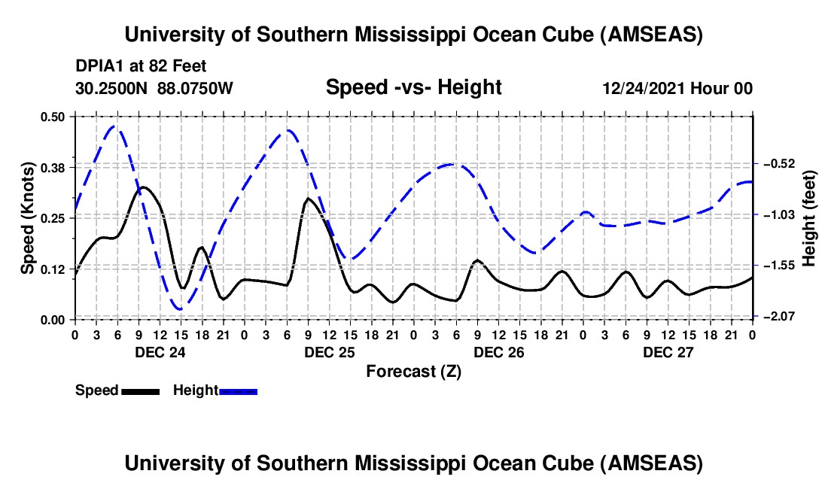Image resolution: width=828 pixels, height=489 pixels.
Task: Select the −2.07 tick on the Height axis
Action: coord(776,317)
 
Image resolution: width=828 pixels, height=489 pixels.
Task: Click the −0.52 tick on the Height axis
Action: coord(776,163)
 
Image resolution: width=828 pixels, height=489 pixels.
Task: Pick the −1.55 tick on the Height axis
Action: coord(776,266)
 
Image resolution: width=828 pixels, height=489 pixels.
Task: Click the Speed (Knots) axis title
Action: coord(29,217)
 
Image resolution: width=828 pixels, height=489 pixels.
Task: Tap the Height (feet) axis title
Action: coord(809,219)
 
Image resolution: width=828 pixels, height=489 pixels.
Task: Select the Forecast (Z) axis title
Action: coord(412,371)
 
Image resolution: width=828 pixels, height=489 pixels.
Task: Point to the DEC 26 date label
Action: coord(498,352)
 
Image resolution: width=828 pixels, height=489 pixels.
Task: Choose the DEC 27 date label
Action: coord(668,352)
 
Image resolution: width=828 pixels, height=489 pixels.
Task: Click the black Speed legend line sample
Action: coord(140,390)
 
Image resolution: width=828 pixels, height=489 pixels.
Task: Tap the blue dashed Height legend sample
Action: coord(238,390)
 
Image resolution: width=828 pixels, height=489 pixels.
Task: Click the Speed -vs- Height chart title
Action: coord(413,87)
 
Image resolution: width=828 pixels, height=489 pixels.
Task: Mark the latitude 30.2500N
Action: coord(113,88)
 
